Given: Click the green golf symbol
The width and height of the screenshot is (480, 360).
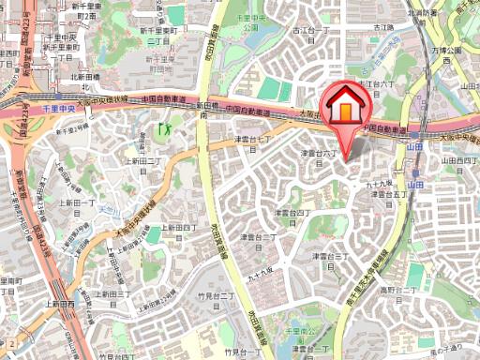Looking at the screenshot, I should pos(167,128).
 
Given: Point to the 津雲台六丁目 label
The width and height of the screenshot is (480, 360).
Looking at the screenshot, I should pos(318,156).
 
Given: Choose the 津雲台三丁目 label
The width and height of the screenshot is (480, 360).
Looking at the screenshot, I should pos(329,259).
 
